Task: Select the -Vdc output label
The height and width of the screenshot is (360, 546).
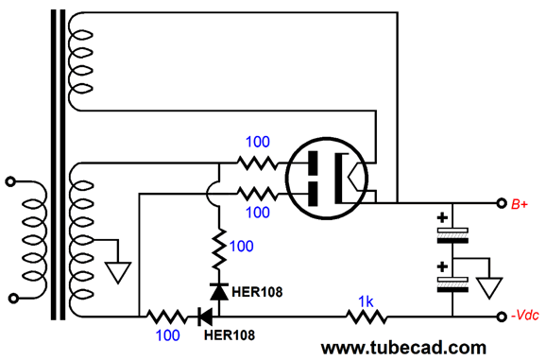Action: (523, 317)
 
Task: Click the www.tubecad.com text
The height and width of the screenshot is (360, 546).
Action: (404, 347)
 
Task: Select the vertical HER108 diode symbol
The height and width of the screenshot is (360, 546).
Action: (219, 293)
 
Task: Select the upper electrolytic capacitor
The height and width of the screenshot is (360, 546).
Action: (453, 233)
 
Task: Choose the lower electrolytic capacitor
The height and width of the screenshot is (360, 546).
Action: (453, 278)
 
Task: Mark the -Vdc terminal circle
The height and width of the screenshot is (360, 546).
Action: (500, 317)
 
